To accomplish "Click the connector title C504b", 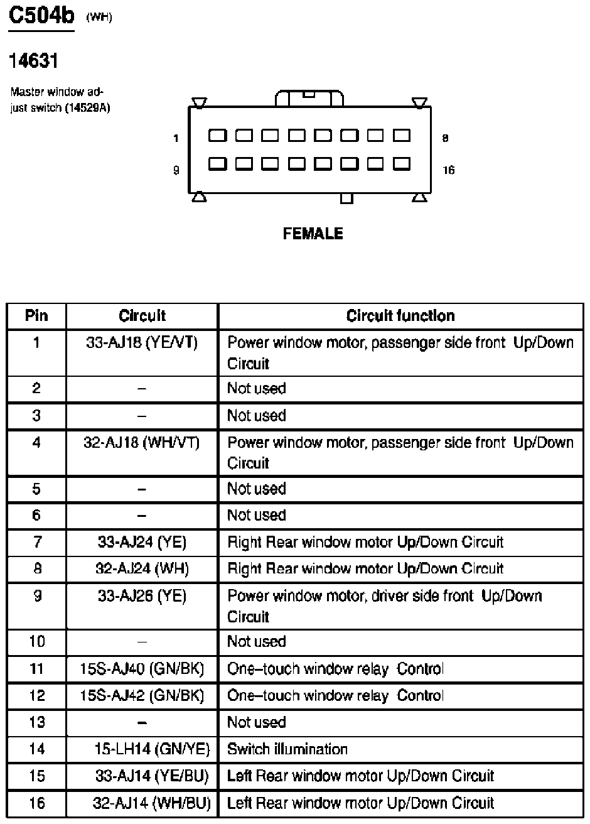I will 41,16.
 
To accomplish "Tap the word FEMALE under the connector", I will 313,234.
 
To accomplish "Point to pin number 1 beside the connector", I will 176,138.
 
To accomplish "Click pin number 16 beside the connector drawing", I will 448,170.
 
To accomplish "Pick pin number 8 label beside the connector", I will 445,138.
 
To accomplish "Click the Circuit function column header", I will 400,315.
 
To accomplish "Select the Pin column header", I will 36,315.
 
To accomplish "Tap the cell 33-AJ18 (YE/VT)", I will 142,343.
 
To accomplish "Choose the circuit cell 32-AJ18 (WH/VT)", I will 142,443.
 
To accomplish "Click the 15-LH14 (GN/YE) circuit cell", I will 151,749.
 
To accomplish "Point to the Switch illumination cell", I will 287,749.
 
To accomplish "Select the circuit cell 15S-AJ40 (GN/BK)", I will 142,669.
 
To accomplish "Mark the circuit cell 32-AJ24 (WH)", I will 142,569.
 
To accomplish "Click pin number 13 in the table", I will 37,722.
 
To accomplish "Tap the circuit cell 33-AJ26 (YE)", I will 142,596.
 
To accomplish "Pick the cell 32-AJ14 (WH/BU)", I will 151,803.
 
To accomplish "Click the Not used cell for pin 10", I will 256,642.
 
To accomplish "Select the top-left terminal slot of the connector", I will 217,136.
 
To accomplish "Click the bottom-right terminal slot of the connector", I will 401,164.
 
